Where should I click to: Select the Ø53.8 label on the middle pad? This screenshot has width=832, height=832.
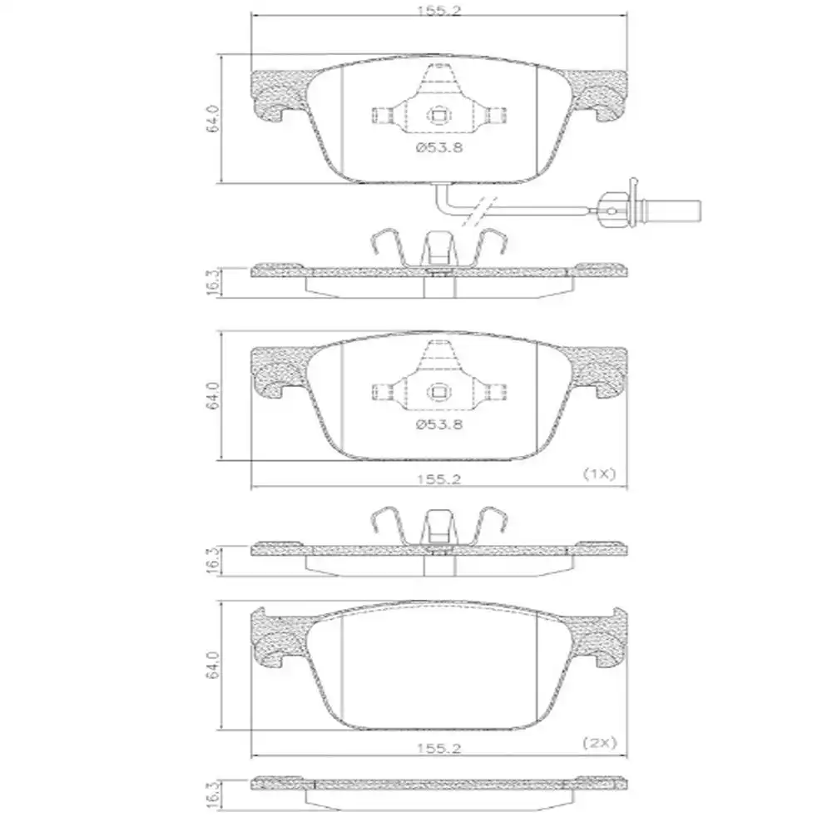(x=438, y=423)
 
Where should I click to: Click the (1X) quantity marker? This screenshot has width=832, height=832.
(x=597, y=473)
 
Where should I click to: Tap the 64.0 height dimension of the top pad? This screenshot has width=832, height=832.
(x=213, y=118)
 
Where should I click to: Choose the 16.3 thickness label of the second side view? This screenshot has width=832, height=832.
(x=212, y=559)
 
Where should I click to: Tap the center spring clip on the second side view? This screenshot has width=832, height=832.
(x=438, y=529)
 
